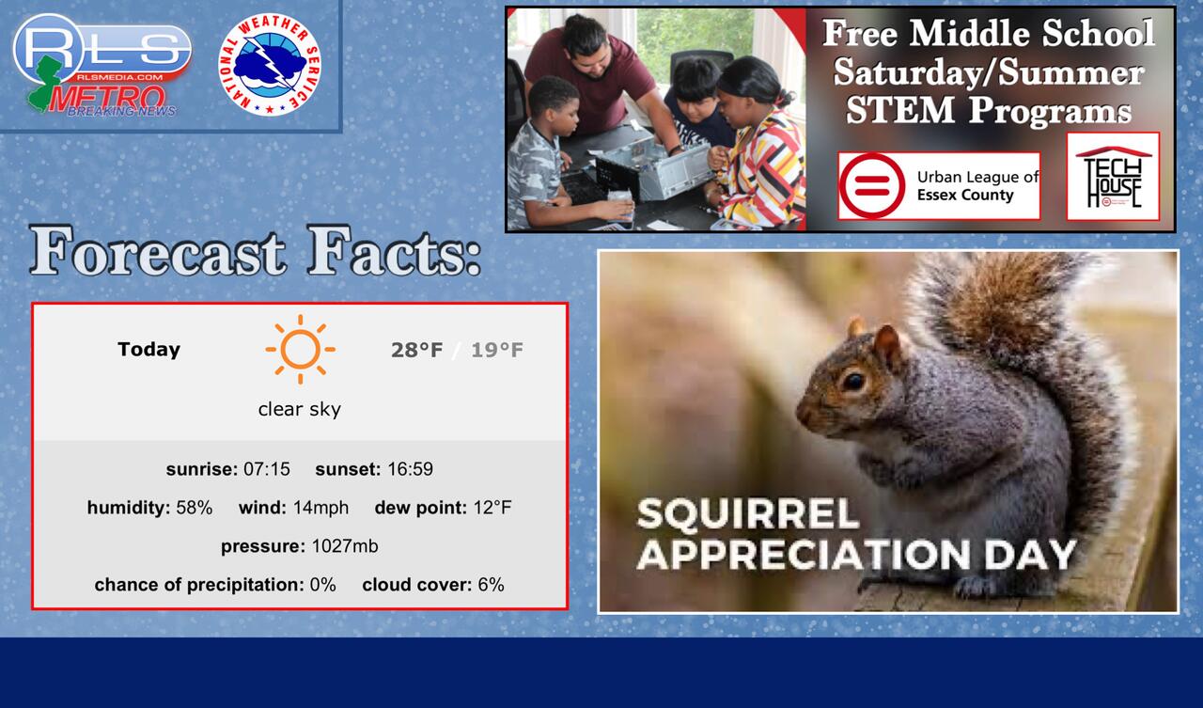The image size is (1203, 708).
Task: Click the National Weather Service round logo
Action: tap(270, 65)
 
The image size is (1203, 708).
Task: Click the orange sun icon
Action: tap(300, 349)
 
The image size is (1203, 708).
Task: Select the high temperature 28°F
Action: tap(416, 351)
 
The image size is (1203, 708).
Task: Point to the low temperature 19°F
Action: tap(497, 351)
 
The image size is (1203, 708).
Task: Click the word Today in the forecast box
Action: tap(148, 349)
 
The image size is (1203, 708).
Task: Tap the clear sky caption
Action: tap(299, 409)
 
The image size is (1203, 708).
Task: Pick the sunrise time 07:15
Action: tap(266, 469)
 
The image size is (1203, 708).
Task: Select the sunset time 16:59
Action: tap(410, 469)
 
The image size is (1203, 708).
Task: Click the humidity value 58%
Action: tap(194, 508)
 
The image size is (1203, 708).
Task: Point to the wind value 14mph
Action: tap(320, 508)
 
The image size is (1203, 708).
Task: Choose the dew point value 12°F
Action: tap(492, 508)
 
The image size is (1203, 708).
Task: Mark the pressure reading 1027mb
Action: tap(345, 546)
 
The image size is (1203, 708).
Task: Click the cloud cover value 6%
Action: tap(491, 585)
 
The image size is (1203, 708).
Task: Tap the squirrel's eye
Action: tap(852, 382)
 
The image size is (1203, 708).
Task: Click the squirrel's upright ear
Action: tap(886, 347)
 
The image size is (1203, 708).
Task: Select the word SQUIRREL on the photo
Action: tap(747, 513)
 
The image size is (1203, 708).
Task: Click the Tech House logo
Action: tap(1113, 177)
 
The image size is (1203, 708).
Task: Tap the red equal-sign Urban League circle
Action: tap(871, 185)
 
